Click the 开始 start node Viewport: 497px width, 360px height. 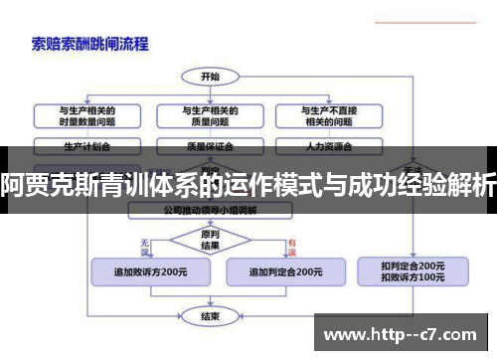tap(210, 76)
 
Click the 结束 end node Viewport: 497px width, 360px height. tap(210, 316)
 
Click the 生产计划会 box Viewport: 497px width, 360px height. tap(86, 145)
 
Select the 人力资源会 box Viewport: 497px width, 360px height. tap(326, 145)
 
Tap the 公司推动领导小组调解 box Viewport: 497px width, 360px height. tap(210, 211)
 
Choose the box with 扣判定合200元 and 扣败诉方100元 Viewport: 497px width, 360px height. tap(412, 270)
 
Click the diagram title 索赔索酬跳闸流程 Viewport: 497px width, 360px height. tap(90, 43)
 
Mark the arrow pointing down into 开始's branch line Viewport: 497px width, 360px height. tap(210, 90)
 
